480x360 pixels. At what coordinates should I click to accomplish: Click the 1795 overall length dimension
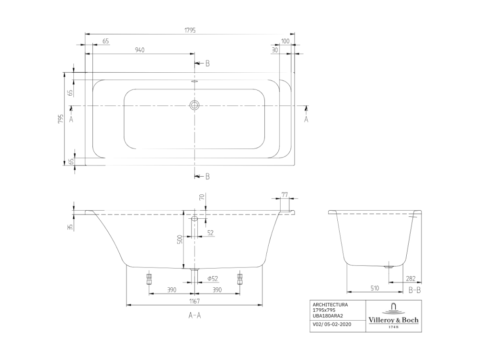[x=190, y=30]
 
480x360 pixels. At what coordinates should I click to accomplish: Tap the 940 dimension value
[x=139, y=50]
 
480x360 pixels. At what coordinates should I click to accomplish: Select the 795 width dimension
[x=61, y=119]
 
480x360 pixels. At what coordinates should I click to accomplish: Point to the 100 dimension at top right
[x=285, y=41]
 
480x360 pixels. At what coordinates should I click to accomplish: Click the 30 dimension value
[x=274, y=50]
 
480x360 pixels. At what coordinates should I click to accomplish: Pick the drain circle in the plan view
[x=194, y=105]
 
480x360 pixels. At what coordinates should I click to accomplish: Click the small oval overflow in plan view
[x=194, y=82]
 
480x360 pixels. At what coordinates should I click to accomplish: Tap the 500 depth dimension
[x=180, y=239]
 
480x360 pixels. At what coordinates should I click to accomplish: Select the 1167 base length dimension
[x=194, y=301]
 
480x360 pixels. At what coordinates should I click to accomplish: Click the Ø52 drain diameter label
[x=212, y=279]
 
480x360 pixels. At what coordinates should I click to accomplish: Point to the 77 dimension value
[x=285, y=194]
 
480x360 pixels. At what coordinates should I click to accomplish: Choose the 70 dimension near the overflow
[x=201, y=197]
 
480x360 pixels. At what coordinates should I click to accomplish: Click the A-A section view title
[x=194, y=315]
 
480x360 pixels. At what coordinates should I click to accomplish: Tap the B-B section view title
[x=415, y=290]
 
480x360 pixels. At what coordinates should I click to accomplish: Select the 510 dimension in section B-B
[x=375, y=288]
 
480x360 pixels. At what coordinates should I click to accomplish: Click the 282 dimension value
[x=411, y=278]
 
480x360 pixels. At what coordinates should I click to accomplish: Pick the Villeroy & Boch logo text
[x=393, y=320]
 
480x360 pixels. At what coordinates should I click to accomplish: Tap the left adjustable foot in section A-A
[x=149, y=278]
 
